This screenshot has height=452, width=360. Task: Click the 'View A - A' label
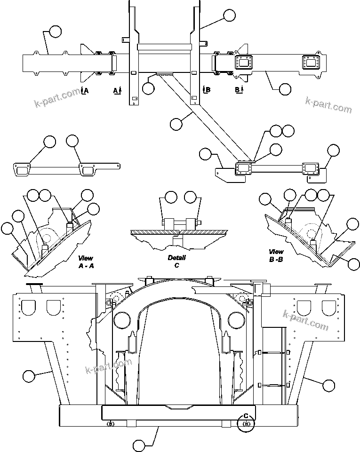(86, 262)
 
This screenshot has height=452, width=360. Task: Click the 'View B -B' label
(276, 255)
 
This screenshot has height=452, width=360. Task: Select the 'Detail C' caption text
(177, 261)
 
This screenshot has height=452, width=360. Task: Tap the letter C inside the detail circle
(245, 416)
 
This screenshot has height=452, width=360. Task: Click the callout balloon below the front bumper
(139, 445)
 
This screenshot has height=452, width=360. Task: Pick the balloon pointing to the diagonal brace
(176, 124)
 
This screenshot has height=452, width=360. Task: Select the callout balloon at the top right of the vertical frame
(229, 15)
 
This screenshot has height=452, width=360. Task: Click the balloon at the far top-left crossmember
(55, 32)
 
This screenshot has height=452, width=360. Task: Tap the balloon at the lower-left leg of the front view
(29, 376)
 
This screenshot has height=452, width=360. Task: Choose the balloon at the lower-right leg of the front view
(329, 385)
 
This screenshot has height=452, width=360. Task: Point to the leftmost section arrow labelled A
(85, 90)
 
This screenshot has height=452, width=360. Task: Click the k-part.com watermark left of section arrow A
(57, 98)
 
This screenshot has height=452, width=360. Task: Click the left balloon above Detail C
(171, 197)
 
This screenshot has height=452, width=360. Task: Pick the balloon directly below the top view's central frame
(148, 88)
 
